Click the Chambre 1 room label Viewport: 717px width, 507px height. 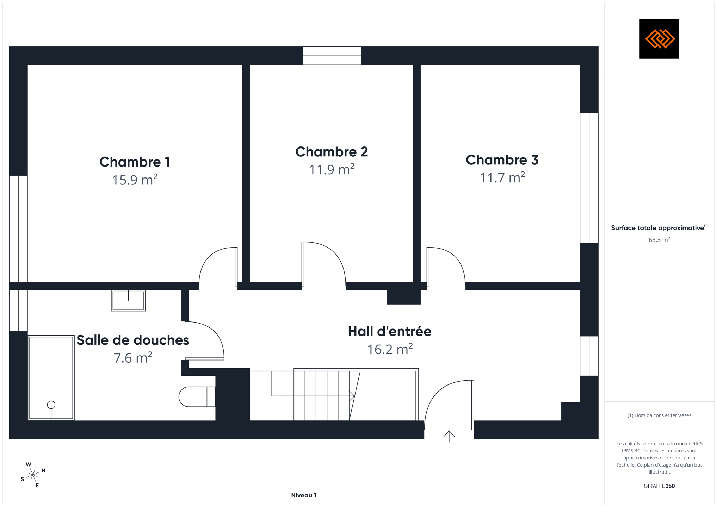click(135, 162)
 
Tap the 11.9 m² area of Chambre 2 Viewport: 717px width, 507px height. click(332, 169)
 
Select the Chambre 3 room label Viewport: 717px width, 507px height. click(502, 160)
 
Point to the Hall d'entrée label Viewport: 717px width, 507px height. click(390, 331)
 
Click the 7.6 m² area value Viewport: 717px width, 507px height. click(133, 358)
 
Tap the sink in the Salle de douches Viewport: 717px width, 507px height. click(128, 301)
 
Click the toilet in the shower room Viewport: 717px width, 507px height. click(197, 397)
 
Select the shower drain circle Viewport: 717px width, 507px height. click(51, 405)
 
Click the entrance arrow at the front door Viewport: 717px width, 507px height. click(449, 436)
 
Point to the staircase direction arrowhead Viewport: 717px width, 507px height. click(352, 396)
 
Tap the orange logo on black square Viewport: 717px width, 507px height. click(659, 39)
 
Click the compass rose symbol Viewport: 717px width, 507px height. click(33, 475)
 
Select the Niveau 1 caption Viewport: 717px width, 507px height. click(304, 495)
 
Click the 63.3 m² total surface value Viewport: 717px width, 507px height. click(659, 240)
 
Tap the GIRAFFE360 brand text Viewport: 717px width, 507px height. click(659, 486)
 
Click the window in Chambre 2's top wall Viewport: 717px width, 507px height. click(332, 56)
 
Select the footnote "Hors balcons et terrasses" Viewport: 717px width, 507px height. click(659, 415)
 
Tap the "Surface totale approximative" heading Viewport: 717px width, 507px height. click(657, 228)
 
